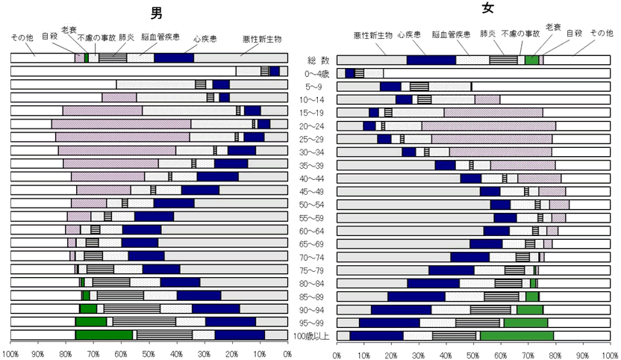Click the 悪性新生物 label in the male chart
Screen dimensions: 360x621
point(261,38)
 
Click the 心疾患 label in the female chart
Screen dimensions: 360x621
point(408,34)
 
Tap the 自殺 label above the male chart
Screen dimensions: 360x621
point(50,34)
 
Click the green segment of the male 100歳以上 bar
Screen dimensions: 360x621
point(104,335)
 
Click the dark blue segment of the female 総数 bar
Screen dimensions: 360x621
point(431,60)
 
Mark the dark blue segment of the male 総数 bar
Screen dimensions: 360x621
point(174,58)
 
